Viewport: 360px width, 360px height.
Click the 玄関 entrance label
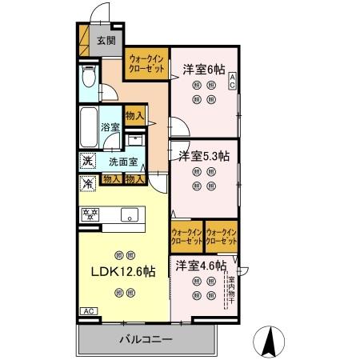(106, 40)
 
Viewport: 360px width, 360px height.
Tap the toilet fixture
(88, 78)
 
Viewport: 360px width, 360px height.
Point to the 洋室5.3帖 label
(203, 155)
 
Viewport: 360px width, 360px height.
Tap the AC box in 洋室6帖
(232, 79)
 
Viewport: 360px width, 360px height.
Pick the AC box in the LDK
(86, 311)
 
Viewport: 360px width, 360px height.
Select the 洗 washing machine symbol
(86, 161)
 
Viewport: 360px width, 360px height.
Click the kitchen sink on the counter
(129, 214)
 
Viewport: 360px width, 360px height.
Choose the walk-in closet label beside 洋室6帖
(146, 64)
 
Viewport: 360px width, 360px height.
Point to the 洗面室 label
(123, 162)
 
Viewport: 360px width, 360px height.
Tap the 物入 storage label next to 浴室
(135, 116)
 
